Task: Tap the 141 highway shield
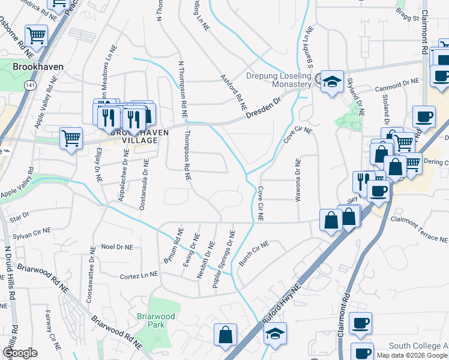pyautogui.click(x=29, y=86)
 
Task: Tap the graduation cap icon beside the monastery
pyautogui.click(x=330, y=82)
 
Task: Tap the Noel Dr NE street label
pyautogui.click(x=116, y=246)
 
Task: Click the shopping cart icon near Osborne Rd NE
pyautogui.click(x=37, y=36)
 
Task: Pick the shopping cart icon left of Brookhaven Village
pyautogui.click(x=71, y=137)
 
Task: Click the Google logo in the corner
pyautogui.click(x=20, y=353)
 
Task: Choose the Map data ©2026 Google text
pyautogui.click(x=412, y=355)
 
